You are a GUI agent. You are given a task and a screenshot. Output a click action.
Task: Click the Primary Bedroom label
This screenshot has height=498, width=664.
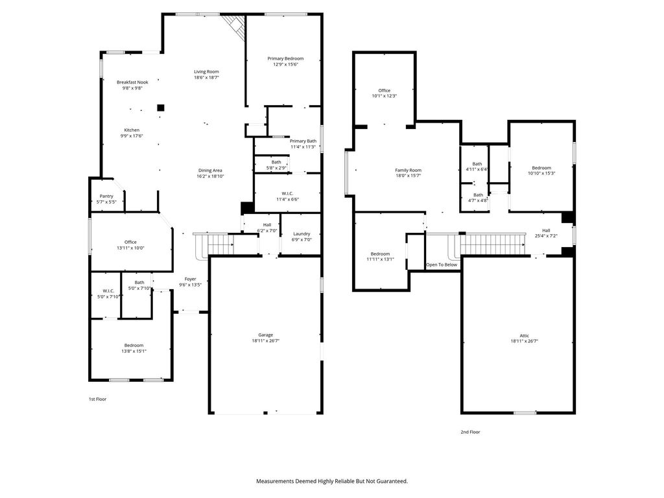(285, 58)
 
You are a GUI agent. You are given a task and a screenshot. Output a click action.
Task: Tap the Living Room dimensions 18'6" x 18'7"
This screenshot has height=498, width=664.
(207, 78)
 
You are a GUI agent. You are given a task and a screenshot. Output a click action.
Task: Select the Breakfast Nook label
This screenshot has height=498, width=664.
(132, 82)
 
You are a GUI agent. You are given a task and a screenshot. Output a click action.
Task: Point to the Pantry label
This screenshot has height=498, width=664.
(107, 196)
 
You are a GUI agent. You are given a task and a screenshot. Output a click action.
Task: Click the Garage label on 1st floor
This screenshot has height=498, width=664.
(266, 335)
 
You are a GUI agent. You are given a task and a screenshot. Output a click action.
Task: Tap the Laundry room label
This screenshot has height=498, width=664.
(302, 233)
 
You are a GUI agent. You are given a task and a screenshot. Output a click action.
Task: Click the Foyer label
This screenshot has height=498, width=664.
(190, 279)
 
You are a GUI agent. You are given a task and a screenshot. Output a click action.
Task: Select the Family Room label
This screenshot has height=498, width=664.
(409, 171)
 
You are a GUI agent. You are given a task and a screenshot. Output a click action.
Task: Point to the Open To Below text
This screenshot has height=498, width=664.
(442, 265)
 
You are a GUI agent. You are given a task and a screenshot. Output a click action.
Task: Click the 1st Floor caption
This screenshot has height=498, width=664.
(97, 399)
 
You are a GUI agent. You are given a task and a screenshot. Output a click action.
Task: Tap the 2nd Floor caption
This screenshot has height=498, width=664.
(471, 432)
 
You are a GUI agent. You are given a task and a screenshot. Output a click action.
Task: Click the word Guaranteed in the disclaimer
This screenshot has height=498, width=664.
(392, 481)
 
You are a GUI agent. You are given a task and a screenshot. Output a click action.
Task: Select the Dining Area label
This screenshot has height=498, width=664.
(210, 171)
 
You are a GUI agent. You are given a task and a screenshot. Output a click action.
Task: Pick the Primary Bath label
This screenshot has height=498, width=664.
(303, 141)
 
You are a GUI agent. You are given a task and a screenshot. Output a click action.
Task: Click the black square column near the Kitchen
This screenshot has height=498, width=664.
(161, 108)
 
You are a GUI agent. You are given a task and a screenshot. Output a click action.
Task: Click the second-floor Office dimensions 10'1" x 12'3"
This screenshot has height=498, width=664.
(385, 96)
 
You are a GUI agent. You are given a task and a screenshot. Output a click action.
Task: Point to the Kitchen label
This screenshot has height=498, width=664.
(132, 130)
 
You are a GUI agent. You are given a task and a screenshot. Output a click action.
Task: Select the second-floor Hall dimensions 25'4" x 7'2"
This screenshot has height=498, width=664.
(546, 236)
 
